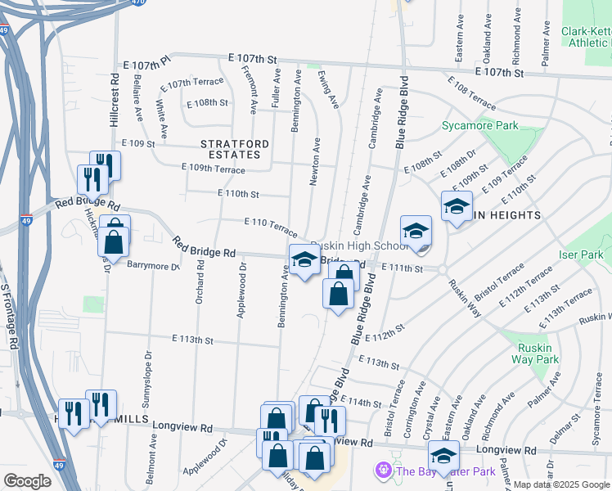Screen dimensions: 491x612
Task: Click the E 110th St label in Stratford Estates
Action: [238, 194]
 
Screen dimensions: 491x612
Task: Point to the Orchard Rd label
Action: [200, 282]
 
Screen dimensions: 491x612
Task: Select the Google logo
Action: [27, 481]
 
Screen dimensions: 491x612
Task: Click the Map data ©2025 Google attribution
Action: [560, 484]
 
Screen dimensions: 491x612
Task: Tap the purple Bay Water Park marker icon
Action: [382, 471]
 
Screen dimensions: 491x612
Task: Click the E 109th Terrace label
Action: [213, 169]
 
